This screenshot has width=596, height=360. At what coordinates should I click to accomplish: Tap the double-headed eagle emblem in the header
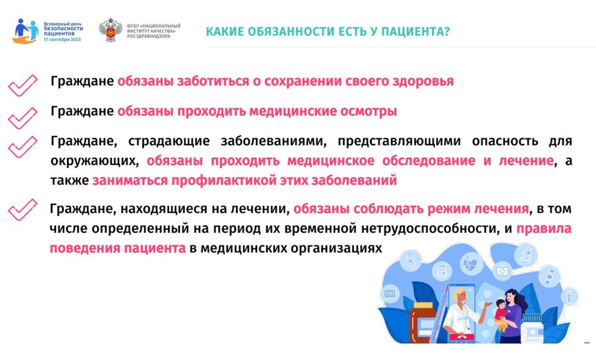click(x=111, y=30)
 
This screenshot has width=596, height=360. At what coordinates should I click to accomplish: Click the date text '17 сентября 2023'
click(x=62, y=40)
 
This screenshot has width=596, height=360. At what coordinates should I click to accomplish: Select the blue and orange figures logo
click(x=26, y=30)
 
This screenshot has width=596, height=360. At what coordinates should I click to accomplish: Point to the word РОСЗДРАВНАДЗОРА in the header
click(x=148, y=37)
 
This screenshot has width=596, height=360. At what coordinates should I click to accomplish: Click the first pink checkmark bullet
click(x=23, y=85)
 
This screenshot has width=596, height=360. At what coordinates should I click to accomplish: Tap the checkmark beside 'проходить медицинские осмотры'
click(x=23, y=117)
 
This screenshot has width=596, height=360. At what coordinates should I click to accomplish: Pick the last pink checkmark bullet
click(x=23, y=209)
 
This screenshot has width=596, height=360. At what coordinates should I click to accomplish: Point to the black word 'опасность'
click(x=505, y=141)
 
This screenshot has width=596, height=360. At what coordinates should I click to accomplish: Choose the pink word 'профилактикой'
click(x=224, y=180)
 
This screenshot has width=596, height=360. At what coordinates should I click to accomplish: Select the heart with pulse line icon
click(x=471, y=264)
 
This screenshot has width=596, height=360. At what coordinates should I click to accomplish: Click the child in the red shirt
click(x=500, y=314)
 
